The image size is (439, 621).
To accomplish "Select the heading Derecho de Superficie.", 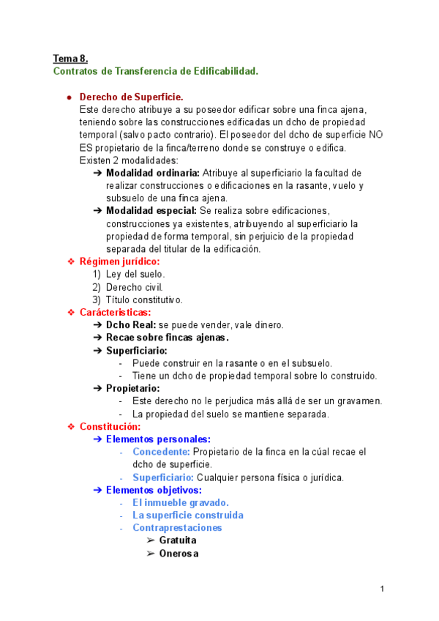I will [x=131, y=97].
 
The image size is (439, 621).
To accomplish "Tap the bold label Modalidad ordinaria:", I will [x=152, y=172].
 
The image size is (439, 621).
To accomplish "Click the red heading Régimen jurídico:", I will [x=119, y=261].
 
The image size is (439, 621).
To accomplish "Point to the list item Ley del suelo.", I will [x=135, y=274].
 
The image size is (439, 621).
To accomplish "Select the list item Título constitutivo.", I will [x=144, y=300].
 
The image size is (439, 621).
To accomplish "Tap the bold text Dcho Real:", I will [x=131, y=325].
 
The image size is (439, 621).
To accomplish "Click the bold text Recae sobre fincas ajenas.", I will [x=167, y=338].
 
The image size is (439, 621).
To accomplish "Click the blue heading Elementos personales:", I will [x=158, y=439].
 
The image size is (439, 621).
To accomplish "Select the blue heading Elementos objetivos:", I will [x=154, y=490].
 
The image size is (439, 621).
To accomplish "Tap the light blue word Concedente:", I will [x=161, y=452].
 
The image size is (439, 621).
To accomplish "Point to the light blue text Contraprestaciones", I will [x=177, y=527].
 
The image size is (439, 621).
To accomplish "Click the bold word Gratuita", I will [x=178, y=540].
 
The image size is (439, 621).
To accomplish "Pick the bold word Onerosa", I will [x=179, y=553].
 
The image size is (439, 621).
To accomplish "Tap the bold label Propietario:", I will [x=132, y=388].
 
